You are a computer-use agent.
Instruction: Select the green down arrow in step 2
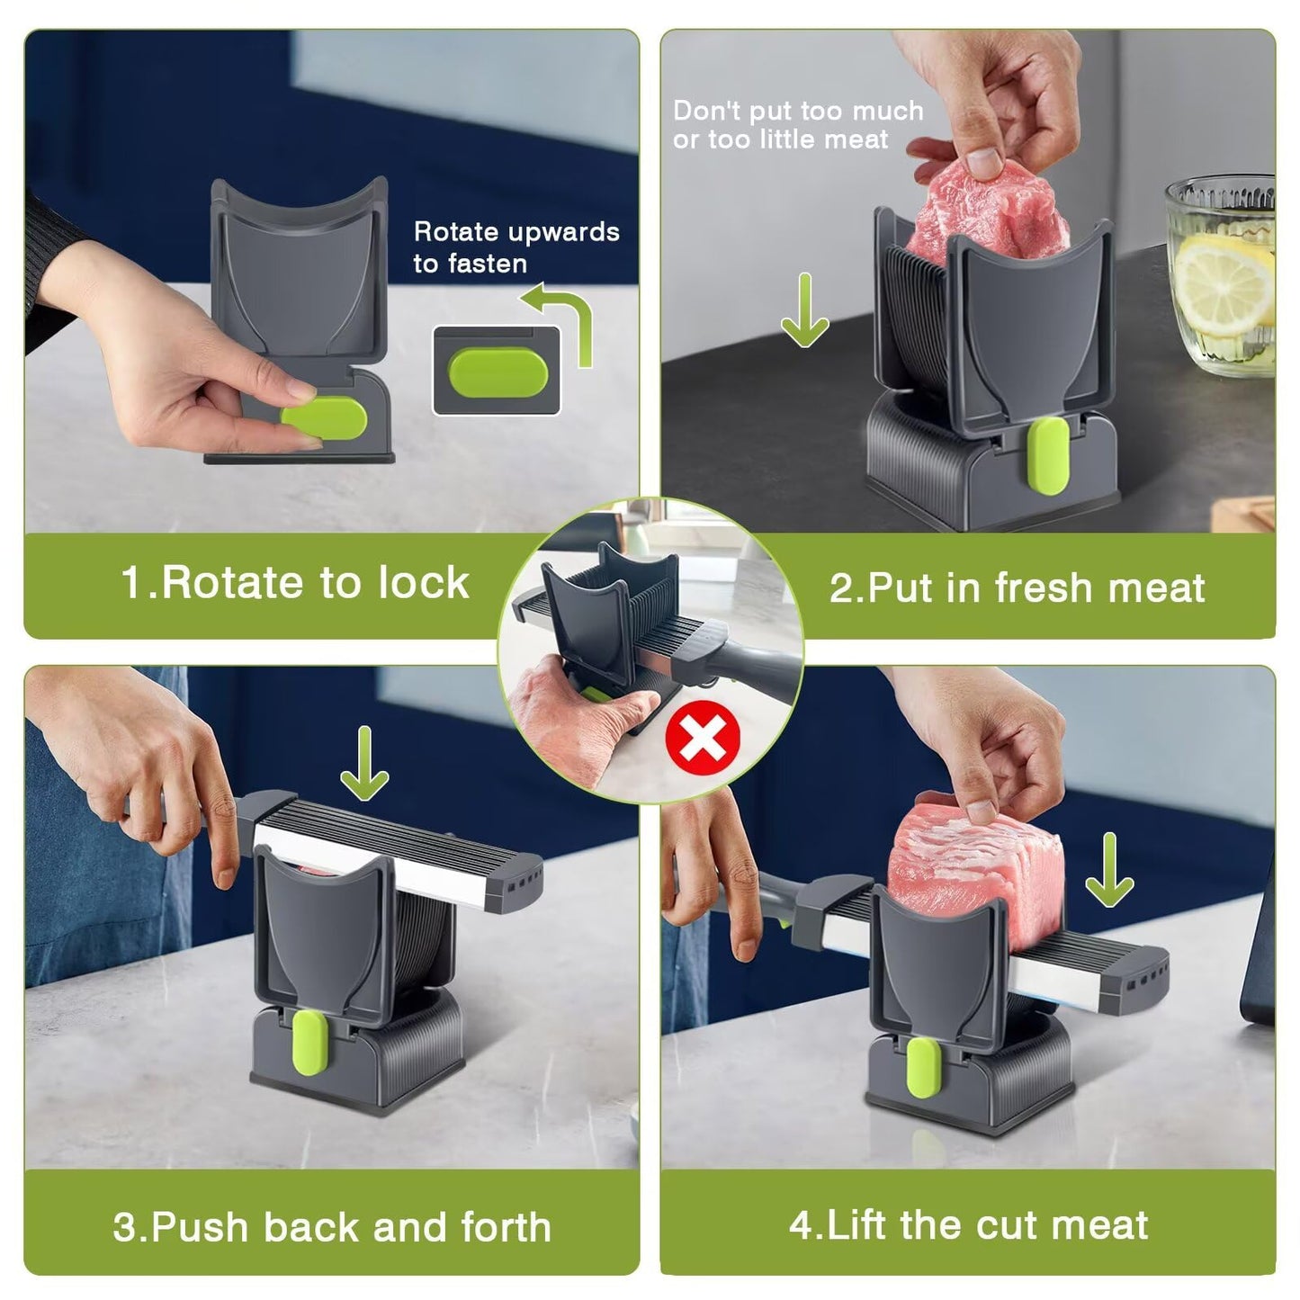point(804,310)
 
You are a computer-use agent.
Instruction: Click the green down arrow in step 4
point(1109,869)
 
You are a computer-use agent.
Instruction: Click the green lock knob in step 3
point(307,1047)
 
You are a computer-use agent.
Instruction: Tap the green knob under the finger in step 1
point(319,419)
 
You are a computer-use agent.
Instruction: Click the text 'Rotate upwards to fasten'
point(516,247)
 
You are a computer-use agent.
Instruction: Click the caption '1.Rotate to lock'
point(295,583)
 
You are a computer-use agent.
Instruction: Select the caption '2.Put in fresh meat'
point(1016,587)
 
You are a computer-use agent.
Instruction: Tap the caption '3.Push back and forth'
point(332,1227)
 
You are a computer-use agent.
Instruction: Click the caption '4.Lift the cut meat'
point(968,1225)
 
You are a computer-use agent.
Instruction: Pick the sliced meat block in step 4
point(963,864)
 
